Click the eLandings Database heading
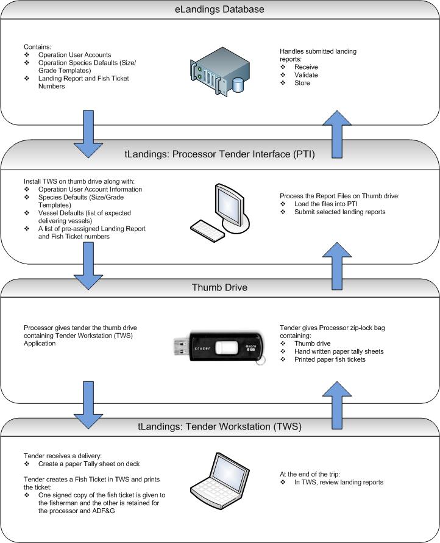219,10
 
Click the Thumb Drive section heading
219,287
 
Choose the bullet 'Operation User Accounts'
71,55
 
